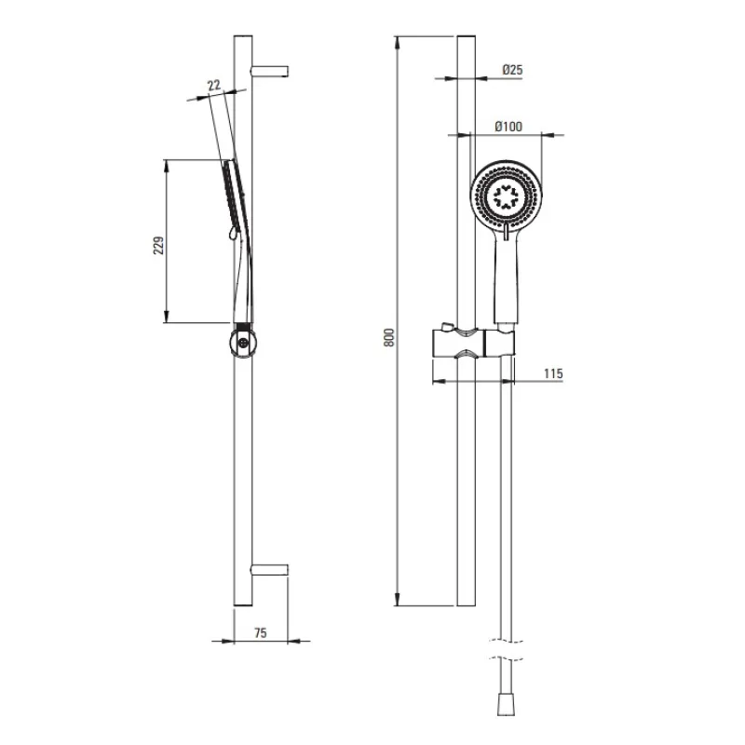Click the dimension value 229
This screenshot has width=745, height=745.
pos(158,244)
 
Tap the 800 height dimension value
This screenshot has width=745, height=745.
pos(389,338)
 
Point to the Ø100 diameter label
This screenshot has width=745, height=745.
pos(508,126)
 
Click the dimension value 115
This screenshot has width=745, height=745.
pos(553,372)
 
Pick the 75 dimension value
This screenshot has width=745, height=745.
pos(260,633)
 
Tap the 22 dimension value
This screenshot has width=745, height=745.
pos(214,85)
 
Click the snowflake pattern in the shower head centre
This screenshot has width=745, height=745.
pos(507,197)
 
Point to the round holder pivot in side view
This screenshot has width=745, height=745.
pos(242,342)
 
